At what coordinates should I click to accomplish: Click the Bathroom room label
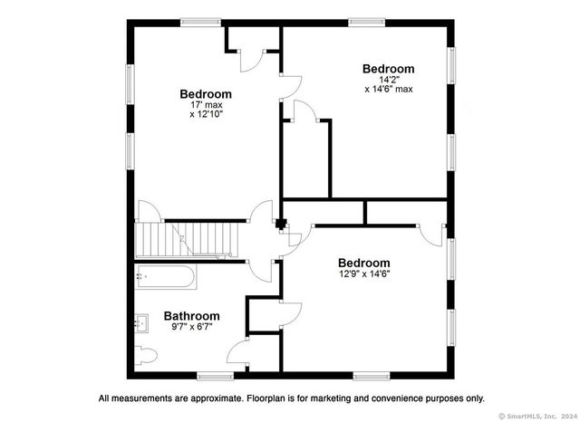[191, 316]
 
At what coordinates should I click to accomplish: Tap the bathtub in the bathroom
[165, 276]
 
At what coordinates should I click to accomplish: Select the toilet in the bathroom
[146, 356]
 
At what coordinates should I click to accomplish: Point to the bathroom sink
[141, 323]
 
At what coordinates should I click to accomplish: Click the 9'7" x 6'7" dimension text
[192, 327]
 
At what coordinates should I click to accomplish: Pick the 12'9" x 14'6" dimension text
[364, 273]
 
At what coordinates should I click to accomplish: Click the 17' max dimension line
[207, 105]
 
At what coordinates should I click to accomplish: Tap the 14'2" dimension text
[389, 79]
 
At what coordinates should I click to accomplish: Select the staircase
[186, 239]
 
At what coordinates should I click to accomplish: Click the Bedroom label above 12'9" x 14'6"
[364, 264]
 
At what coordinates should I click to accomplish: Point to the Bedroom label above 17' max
[206, 94]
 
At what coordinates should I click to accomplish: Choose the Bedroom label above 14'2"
[389, 69]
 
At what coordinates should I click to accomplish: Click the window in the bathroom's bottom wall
[216, 377]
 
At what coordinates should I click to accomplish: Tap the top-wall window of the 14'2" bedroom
[366, 23]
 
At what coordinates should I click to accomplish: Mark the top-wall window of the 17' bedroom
[201, 23]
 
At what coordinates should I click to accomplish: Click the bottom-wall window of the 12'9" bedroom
[372, 377]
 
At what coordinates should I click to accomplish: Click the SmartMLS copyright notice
[538, 416]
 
